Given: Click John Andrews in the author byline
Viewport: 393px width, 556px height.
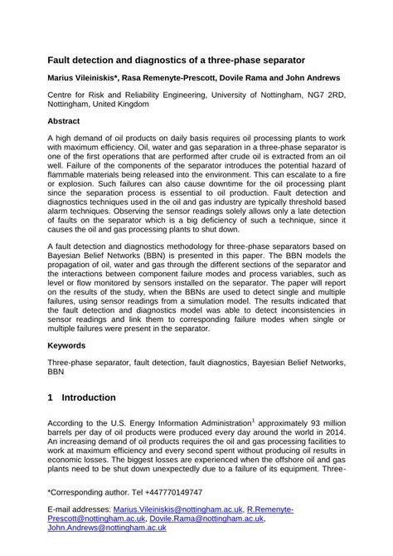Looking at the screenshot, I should [x=317, y=79].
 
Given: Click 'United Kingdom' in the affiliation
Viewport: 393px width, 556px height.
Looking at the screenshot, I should [x=126, y=105].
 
